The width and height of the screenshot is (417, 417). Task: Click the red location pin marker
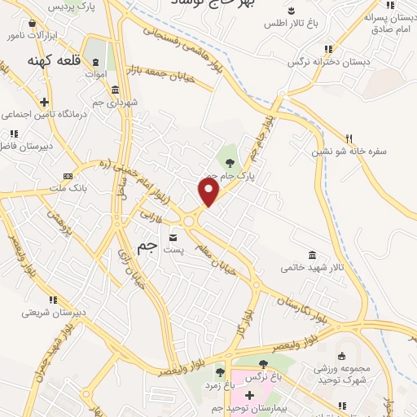tap(209, 192)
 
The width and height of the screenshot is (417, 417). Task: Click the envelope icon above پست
tap(173, 237)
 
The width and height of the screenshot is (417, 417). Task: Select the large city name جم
tap(145, 249)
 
